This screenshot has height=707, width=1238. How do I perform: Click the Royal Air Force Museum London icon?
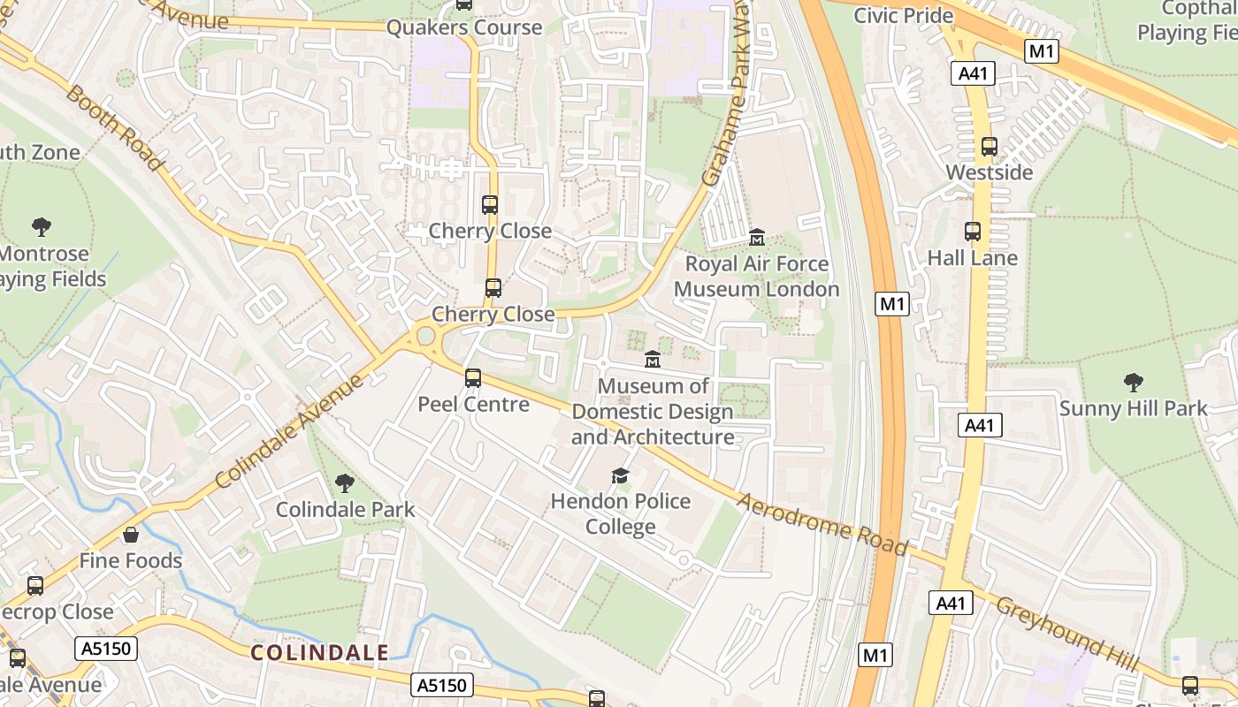757,238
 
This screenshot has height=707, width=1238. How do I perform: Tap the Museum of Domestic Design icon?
653,360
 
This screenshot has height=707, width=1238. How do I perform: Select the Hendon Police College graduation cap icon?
621,476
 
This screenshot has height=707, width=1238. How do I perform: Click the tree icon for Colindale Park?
345,483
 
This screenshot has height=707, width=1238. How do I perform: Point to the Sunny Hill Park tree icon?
1133,383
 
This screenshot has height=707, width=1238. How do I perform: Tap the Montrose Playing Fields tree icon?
41,227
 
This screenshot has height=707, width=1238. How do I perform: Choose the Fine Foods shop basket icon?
131,535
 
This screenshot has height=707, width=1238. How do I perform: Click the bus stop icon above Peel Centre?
473,378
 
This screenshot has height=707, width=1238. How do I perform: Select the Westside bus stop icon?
990,147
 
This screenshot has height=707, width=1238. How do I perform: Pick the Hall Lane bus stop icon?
973,232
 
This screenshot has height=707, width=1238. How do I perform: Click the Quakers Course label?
464,27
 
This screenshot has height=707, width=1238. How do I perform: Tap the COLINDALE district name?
319,653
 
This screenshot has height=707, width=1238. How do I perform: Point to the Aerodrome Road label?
822,523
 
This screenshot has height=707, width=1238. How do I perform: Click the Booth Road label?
113,127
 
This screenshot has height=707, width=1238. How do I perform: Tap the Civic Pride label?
903,15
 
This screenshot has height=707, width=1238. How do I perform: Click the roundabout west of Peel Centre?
426,336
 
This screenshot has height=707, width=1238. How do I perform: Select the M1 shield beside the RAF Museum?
892,305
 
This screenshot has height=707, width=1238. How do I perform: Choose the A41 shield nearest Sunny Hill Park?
980,425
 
